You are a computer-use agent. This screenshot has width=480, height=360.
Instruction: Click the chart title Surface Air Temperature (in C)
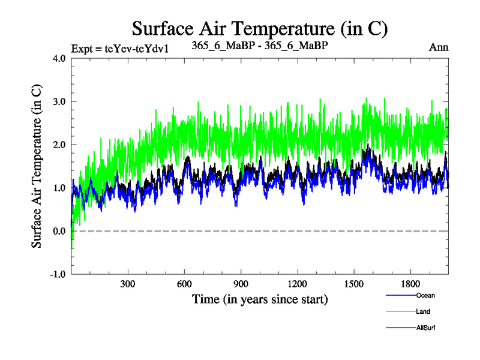click(x=260, y=28)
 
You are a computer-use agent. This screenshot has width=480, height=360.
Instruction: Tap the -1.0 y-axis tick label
click(x=58, y=274)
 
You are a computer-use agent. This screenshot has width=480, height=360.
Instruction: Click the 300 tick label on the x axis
click(x=127, y=284)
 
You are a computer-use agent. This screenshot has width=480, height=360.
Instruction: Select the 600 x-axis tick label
click(x=184, y=284)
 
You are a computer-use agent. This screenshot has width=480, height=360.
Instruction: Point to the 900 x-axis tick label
click(x=241, y=284)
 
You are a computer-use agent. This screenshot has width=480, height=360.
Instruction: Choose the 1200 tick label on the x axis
click(x=297, y=284)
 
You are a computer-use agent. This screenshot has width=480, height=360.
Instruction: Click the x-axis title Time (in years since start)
click(x=260, y=298)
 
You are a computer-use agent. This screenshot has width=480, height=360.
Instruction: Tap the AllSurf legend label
click(x=426, y=328)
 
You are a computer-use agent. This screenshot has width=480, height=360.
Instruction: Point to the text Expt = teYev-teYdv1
click(x=119, y=48)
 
